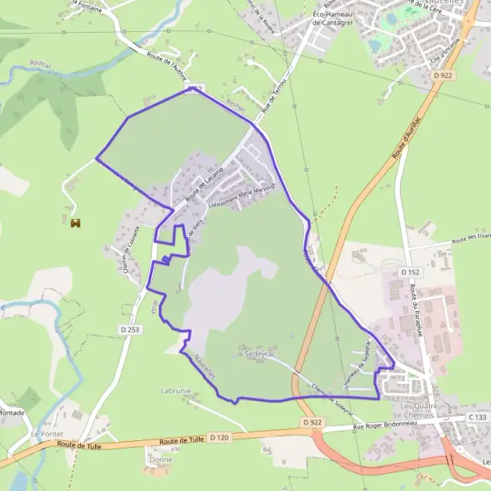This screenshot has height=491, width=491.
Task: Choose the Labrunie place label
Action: click(176, 391)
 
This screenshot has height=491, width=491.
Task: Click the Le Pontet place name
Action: click(47, 433)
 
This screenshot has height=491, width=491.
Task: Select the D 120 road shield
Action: click(218, 438)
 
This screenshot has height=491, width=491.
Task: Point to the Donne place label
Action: click(160, 460)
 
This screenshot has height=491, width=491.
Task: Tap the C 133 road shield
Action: click(477, 417)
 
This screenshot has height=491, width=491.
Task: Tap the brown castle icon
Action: click(75, 222)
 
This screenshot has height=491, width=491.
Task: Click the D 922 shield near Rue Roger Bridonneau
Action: click(309, 422)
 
